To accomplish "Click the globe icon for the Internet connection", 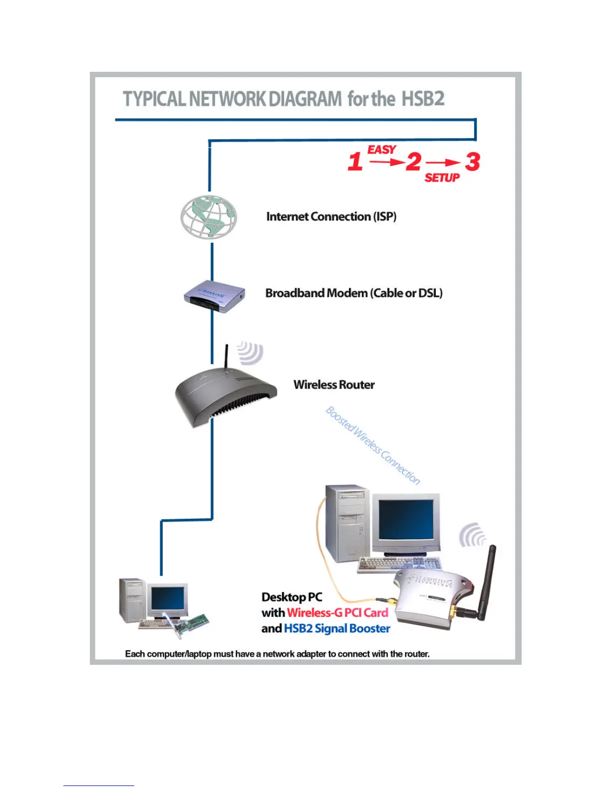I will coord(209,217).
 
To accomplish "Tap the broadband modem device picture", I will coord(214,296).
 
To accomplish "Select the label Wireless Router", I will coord(334,385).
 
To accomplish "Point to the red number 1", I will coord(355,162).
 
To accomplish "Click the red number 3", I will coord(472,162).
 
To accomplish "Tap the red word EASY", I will coord(382,150).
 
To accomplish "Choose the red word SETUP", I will coord(442,178).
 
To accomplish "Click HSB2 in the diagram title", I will coord(423,99).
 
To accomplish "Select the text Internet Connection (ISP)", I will coord(331,216).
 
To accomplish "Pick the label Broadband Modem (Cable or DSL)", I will coord(353,293).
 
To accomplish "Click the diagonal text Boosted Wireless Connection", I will coord(373,445).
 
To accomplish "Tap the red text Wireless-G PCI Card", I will coord(337,612).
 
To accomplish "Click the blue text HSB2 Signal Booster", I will coord(337,628).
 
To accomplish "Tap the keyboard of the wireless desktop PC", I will coord(399,564).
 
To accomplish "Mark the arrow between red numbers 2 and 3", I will coord(443,162).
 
